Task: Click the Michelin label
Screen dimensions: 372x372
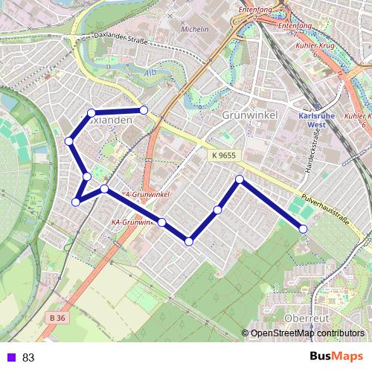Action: (196, 29)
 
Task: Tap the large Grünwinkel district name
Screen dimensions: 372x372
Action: (249, 115)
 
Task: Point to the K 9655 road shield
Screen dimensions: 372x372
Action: (224, 155)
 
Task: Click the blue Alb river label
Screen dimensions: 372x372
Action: (151, 72)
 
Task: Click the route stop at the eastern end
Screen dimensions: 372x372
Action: (304, 228)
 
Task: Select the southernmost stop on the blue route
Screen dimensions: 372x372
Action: (190, 241)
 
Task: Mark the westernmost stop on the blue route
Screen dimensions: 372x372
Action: (68, 141)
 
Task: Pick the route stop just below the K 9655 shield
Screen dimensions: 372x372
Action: (240, 179)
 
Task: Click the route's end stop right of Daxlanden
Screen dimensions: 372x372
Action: (144, 110)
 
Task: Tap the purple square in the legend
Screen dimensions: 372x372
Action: (10, 357)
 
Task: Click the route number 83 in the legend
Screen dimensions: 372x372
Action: (28, 357)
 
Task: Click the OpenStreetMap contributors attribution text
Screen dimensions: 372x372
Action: (307, 333)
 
